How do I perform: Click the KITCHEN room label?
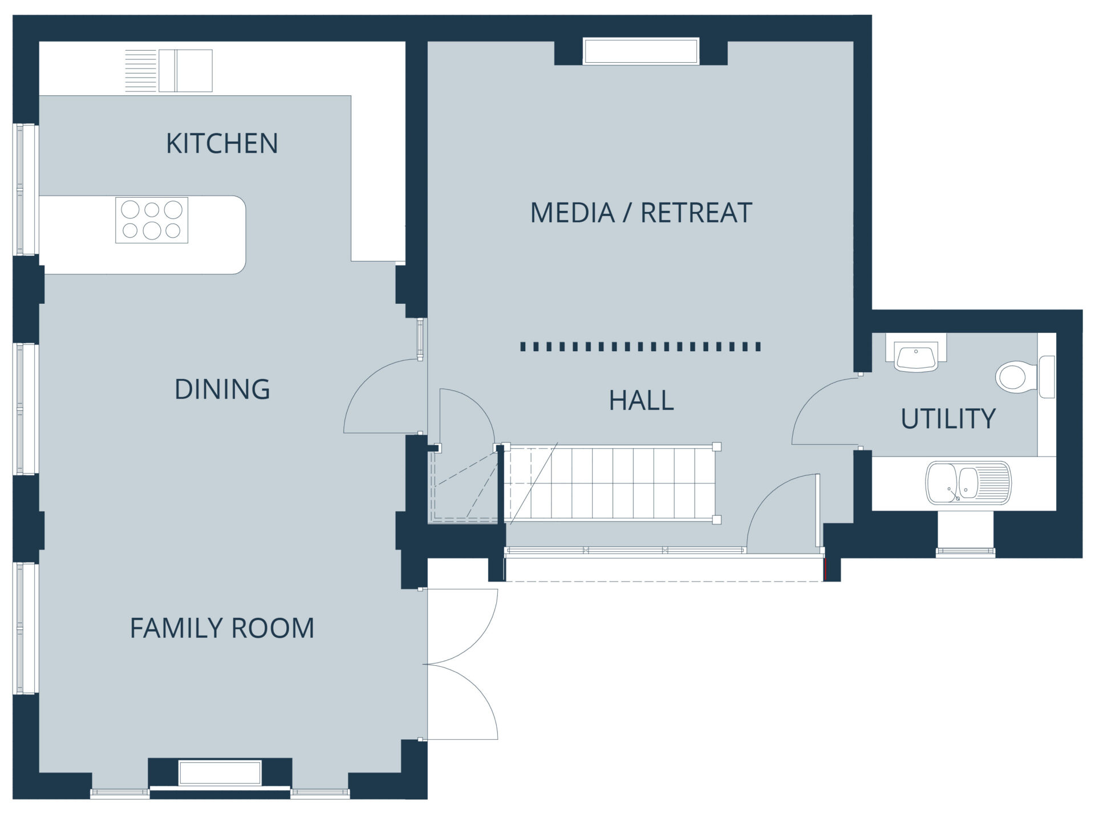pos(222,143)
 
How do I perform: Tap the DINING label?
pos(222,389)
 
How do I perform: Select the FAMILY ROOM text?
pos(222,628)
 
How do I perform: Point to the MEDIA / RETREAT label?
pos(641,213)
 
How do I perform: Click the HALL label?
pos(641,400)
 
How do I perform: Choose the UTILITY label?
pos(948,419)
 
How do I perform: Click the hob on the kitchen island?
pos(152,220)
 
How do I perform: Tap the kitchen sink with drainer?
pos(169,71)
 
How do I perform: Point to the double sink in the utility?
pos(968,483)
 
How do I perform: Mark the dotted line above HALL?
pos(640,347)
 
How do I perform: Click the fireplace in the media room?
pos(641,51)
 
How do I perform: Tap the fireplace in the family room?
pos(220,773)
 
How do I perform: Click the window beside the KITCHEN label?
pos(26,189)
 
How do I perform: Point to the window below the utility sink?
pos(966,551)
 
